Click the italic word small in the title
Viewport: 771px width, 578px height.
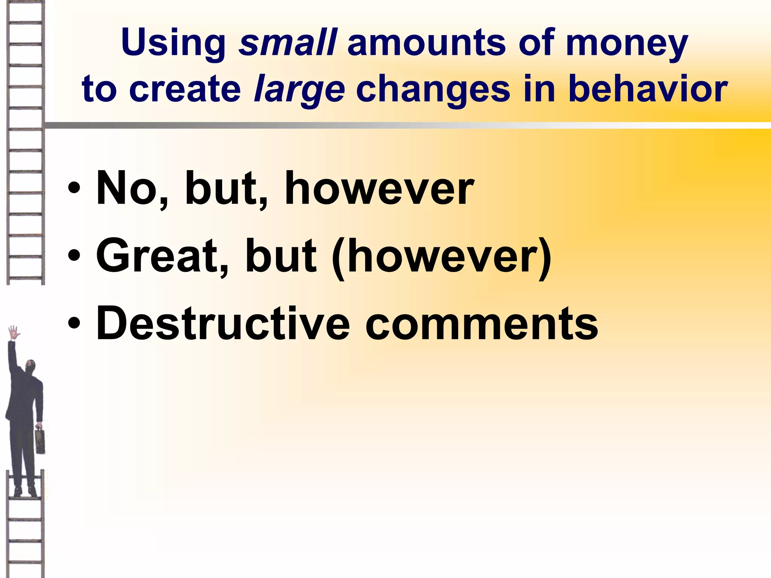coord(288,42)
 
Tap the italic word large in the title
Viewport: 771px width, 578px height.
coord(299,90)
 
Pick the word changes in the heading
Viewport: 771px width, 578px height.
coord(433,90)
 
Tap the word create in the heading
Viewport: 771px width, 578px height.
coord(184,89)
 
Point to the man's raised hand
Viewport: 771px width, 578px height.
coord(14,332)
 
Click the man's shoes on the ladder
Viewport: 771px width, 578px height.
coord(25,491)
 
